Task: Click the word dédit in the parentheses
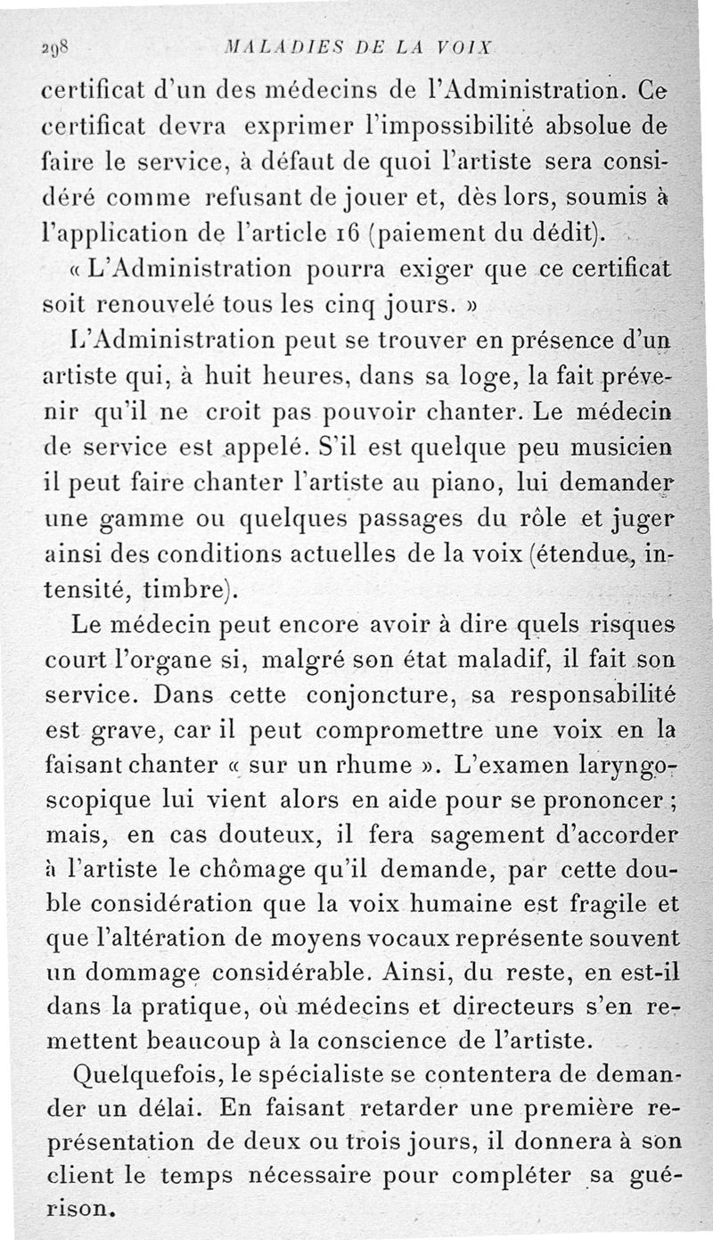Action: pyautogui.click(x=563, y=236)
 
